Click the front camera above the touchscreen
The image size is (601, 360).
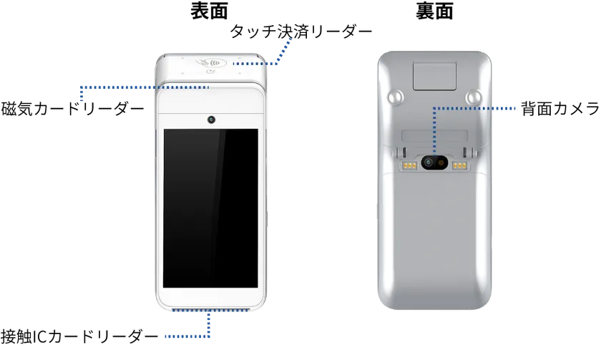211,119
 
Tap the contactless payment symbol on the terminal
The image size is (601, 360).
211,62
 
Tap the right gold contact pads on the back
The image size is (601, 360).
459,165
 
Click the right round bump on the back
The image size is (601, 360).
473,96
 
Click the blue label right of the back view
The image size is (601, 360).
507,109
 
